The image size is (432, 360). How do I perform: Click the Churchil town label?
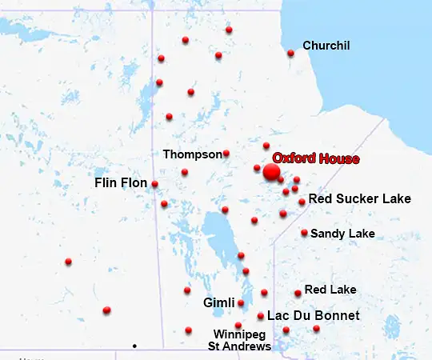coord(326,46)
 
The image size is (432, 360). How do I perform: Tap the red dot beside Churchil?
coord(290,54)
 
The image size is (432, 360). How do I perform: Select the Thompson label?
coord(192,154)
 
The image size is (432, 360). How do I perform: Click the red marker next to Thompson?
coord(226,153)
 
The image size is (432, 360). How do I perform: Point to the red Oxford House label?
coord(316,158)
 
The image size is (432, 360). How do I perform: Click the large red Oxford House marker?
coord(271,171)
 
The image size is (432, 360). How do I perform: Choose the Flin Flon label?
coord(121,183)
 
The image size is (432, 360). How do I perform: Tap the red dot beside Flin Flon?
coord(154,184)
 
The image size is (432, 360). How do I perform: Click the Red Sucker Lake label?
coord(359,198)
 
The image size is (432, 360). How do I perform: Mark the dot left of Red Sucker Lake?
coord(302,202)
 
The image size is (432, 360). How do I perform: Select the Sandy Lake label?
coord(342,234)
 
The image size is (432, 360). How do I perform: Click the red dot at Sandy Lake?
coord(304,233)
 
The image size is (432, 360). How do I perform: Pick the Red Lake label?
coord(330,290)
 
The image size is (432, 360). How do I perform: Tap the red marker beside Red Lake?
coord(298,293)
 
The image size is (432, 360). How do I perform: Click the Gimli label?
coord(218,303)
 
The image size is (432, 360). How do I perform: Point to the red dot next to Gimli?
coord(241,303)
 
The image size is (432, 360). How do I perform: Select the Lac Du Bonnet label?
coord(313,316)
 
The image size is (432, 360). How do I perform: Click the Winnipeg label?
coord(239,334)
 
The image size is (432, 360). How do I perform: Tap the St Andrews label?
coord(239,346)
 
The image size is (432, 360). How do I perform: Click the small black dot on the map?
coord(134,346)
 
